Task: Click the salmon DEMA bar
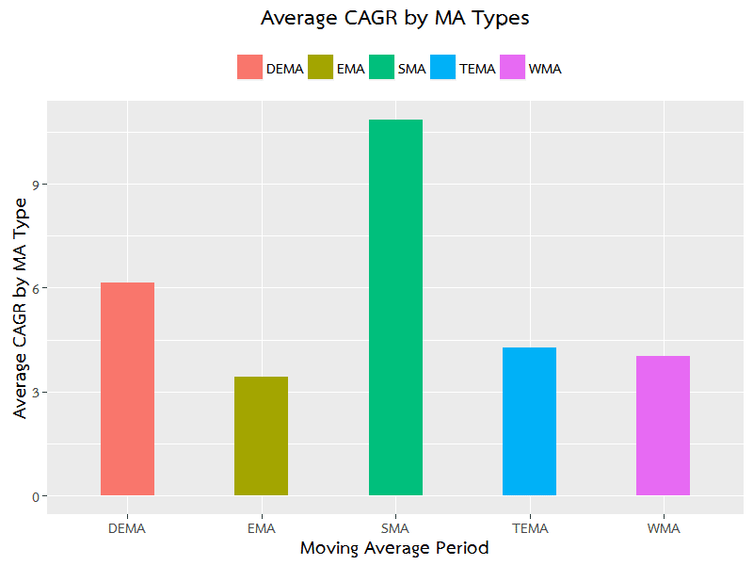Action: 127,389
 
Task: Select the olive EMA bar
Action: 261,436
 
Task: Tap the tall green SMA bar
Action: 395,307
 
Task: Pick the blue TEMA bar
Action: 529,421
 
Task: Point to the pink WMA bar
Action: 663,426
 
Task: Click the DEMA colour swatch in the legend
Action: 249,68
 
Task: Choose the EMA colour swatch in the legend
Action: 320,68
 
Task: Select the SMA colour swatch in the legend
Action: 382,68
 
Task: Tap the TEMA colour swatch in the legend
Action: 443,68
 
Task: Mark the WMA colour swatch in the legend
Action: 513,68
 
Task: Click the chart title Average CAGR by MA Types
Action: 395,18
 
